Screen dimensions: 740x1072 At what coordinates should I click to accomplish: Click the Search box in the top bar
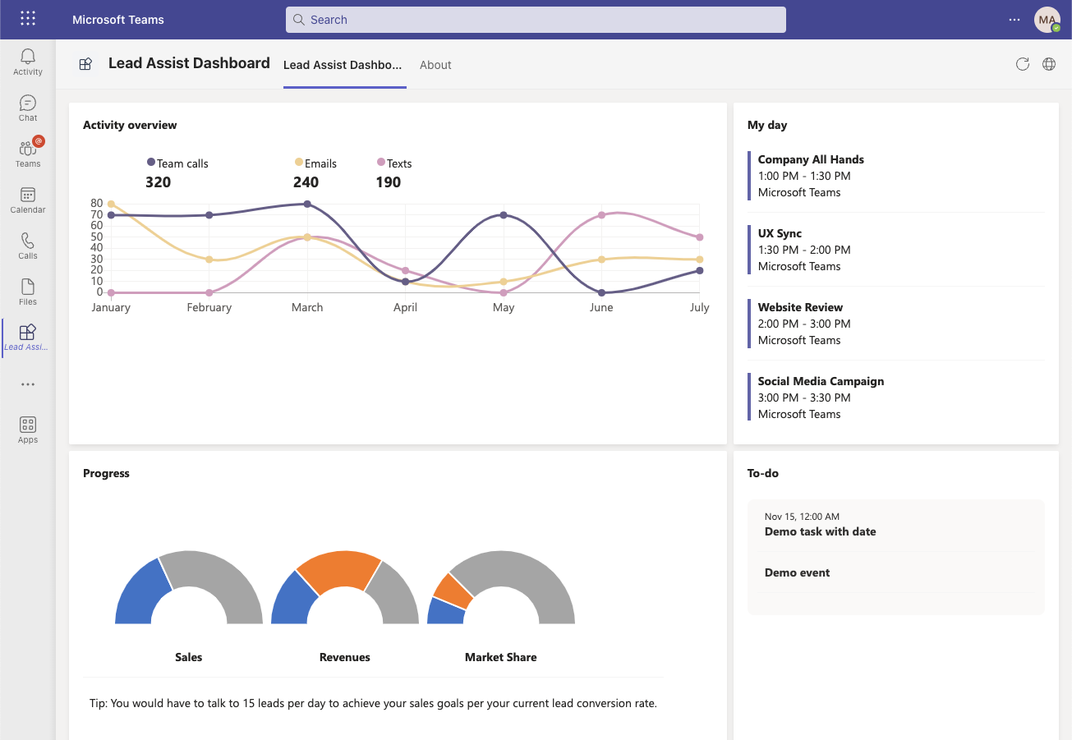[536, 20]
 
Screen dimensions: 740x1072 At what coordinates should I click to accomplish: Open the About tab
[435, 65]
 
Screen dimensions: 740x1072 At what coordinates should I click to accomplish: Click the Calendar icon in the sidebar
[28, 200]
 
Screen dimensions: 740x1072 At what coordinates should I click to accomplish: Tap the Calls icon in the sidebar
[28, 246]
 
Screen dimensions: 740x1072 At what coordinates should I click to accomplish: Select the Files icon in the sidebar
[28, 292]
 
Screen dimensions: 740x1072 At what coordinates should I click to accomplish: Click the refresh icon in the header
[1023, 64]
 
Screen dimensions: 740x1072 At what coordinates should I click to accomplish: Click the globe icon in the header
[1049, 64]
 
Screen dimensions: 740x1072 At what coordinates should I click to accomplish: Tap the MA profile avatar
[1047, 20]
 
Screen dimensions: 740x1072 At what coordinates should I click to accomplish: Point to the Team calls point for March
[307, 205]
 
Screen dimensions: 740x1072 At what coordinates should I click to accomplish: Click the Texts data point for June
[601, 215]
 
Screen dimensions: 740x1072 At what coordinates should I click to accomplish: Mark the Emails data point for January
[111, 205]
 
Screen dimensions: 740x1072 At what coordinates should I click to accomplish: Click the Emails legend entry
[316, 163]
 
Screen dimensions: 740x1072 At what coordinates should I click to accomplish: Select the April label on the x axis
[405, 307]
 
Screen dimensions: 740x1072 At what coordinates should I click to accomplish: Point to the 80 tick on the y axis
[97, 204]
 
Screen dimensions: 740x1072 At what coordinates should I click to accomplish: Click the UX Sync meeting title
[780, 233]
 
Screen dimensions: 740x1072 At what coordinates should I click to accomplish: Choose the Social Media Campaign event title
[821, 381]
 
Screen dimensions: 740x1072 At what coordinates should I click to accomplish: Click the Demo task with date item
[820, 531]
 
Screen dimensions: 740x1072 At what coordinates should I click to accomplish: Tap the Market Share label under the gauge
[500, 657]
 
